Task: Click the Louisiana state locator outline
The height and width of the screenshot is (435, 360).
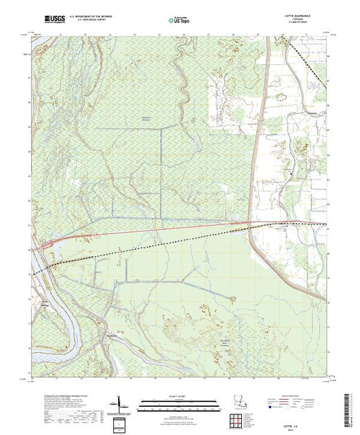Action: (x=238, y=403)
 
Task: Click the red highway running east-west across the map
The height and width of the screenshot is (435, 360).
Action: (x=173, y=227)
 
